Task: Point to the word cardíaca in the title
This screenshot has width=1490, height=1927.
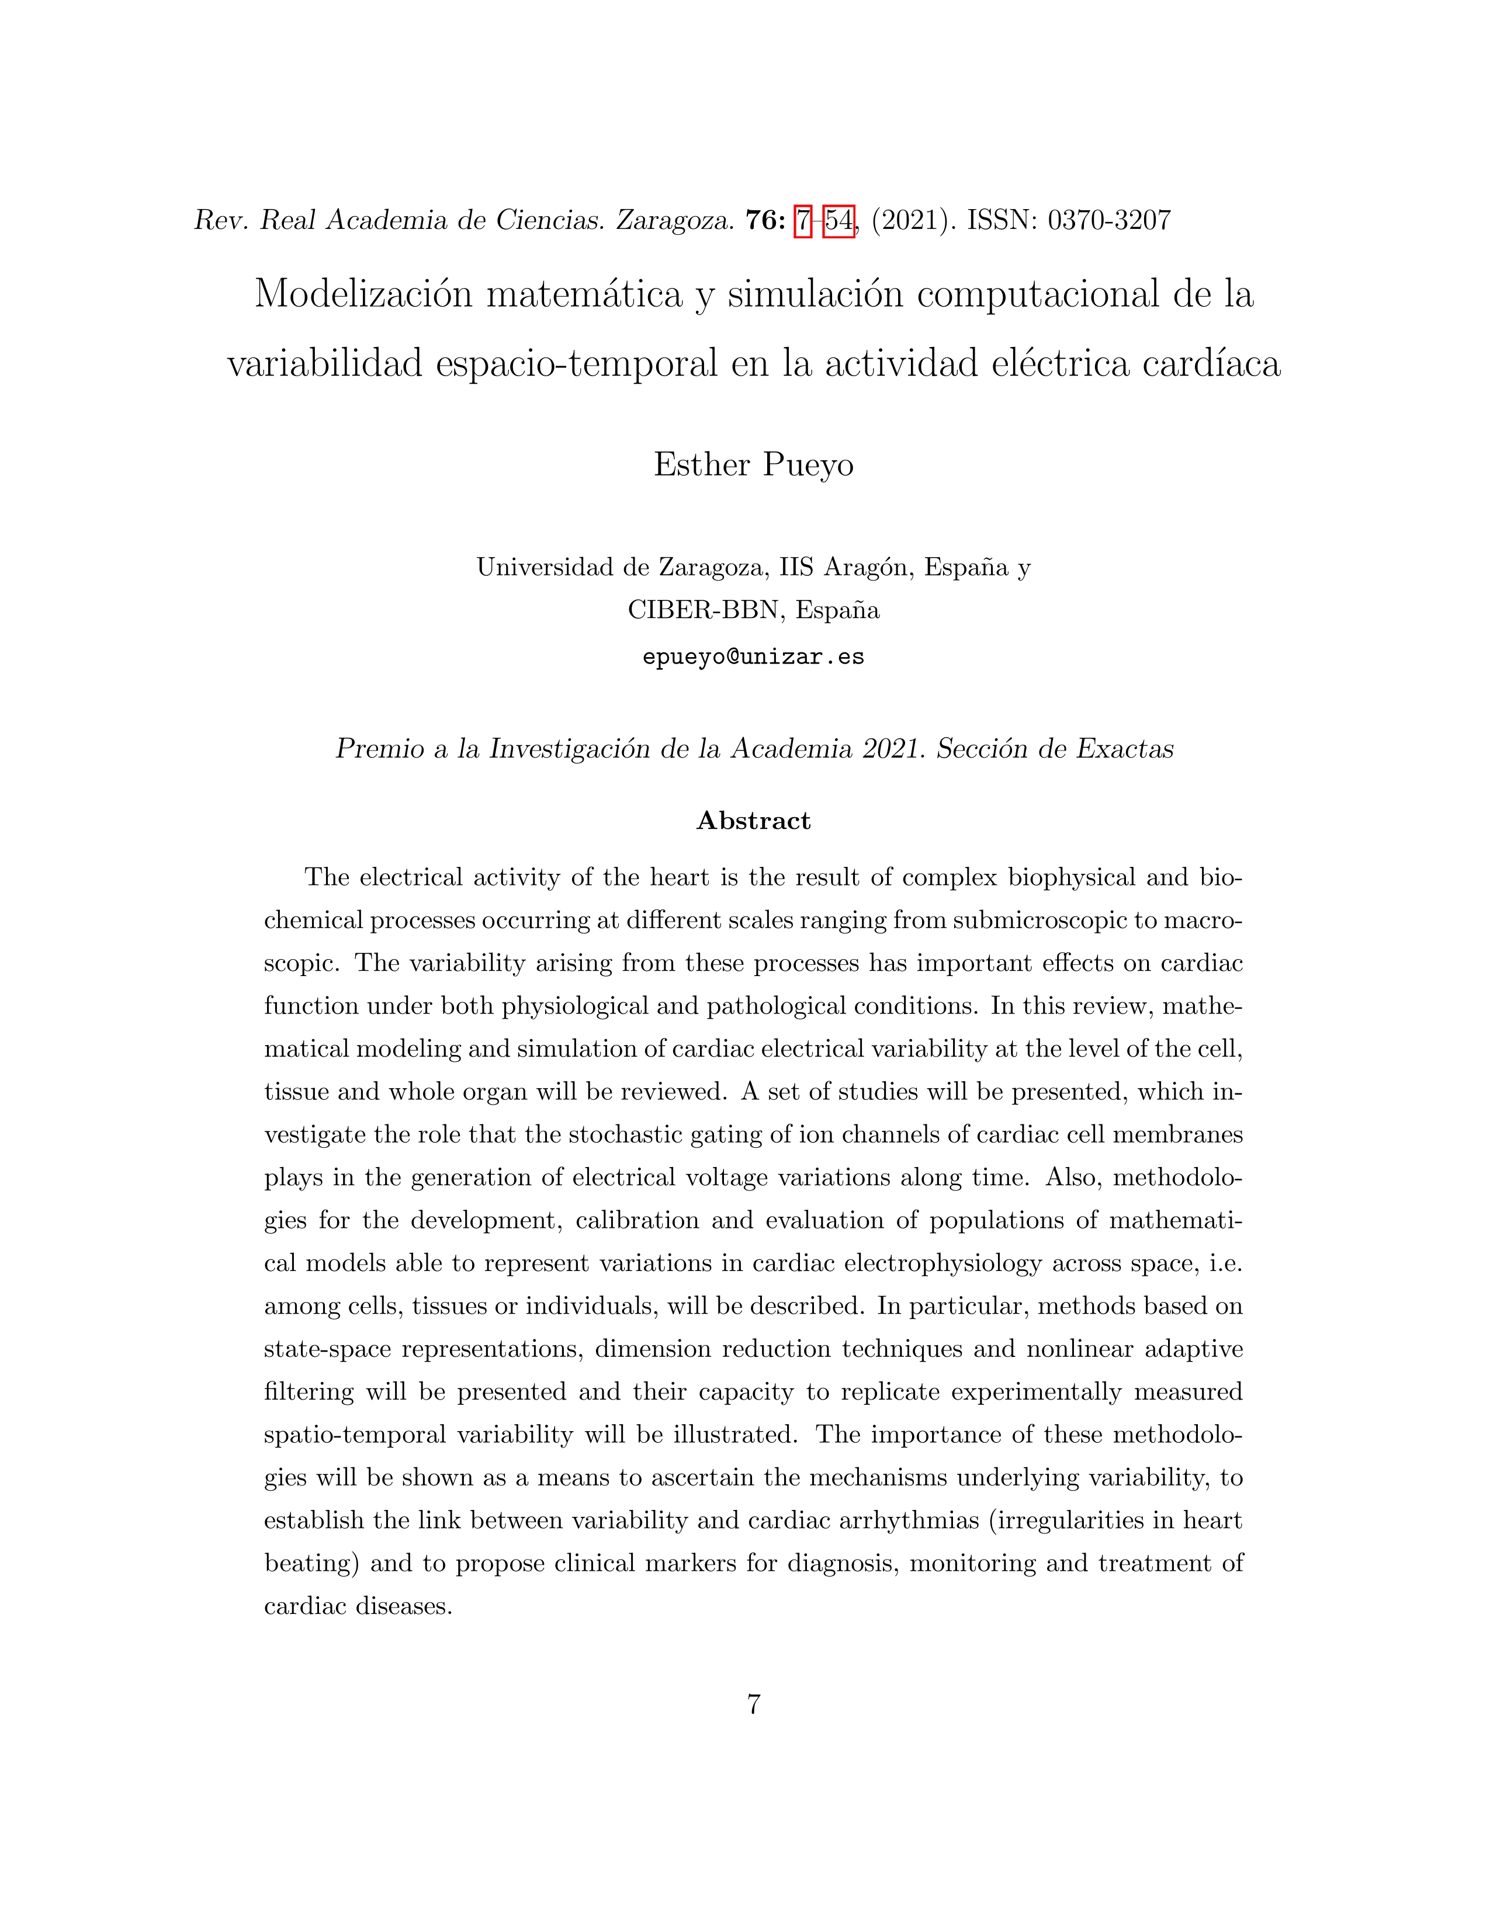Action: (1211, 363)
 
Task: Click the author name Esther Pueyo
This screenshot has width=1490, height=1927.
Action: (753, 464)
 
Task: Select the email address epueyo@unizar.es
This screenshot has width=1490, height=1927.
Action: (753, 657)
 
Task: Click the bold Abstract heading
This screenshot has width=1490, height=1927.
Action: (753, 821)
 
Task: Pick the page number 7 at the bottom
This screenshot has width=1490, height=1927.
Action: (753, 1704)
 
